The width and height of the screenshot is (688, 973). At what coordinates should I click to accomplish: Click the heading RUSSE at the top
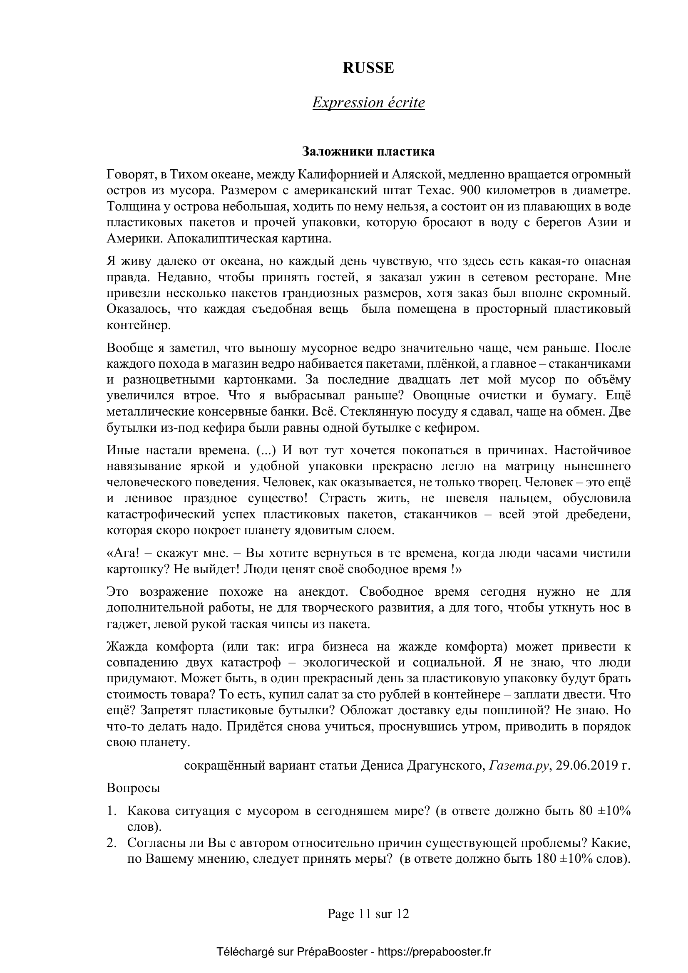(x=368, y=68)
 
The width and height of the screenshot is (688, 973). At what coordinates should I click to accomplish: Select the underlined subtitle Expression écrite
(x=368, y=103)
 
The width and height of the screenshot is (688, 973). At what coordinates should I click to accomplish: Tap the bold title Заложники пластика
(x=368, y=151)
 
